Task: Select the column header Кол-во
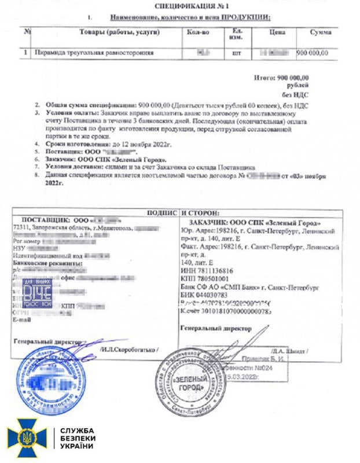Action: pyautogui.click(x=201, y=32)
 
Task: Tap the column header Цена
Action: pyautogui.click(x=277, y=32)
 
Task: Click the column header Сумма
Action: pyautogui.click(x=320, y=32)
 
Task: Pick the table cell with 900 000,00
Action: pyautogui.click(x=313, y=53)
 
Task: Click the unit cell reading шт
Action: pyautogui.click(x=237, y=53)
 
